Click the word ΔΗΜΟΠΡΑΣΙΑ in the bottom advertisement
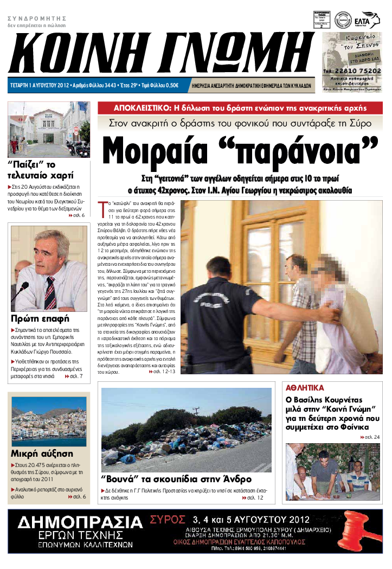[80, 522]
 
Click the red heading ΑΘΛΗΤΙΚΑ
[305, 388]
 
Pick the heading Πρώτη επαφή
[39, 318]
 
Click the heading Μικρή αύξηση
[38, 453]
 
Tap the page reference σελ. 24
[370, 437]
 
